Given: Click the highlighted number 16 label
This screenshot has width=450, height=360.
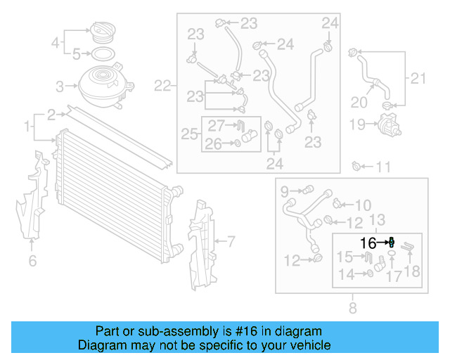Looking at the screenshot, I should point(368,243).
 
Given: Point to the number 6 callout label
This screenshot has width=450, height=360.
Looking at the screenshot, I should point(32,262).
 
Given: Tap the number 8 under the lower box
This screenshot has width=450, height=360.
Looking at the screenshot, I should point(352,307).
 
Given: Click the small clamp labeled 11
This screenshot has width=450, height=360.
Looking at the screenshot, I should point(356,167).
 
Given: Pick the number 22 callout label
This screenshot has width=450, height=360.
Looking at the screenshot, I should point(162,86).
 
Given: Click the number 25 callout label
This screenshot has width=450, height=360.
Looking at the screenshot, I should point(189,134).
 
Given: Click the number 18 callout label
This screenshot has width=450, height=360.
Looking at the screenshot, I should point(412,271).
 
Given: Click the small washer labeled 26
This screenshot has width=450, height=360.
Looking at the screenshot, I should point(239,143).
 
